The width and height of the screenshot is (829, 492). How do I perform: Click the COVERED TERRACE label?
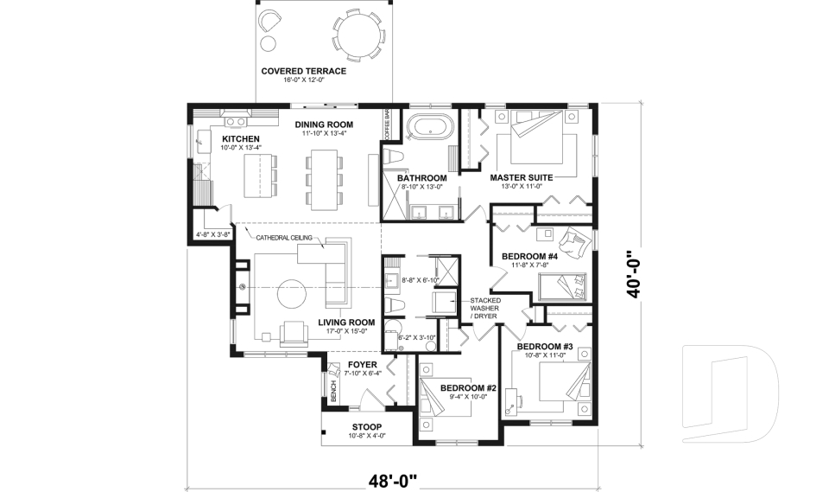[x=303, y=71]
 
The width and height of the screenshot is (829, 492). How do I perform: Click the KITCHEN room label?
[x=241, y=139]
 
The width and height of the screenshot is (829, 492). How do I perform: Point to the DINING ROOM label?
[x=324, y=125]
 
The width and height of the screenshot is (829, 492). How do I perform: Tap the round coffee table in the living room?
[x=292, y=293]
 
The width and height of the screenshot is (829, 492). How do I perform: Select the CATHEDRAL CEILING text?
[x=284, y=238]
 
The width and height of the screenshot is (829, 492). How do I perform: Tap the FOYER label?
[x=362, y=365]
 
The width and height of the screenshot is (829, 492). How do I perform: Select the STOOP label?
[x=367, y=427]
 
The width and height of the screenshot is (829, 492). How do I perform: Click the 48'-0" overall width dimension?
[x=392, y=481]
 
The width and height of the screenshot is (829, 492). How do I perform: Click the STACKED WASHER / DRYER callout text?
[x=484, y=308]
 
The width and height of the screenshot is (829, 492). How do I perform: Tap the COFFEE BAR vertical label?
[x=387, y=125]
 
